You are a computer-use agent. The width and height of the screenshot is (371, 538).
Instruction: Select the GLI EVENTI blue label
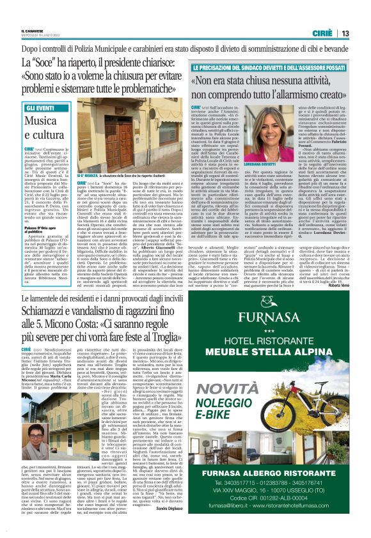(40, 109)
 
